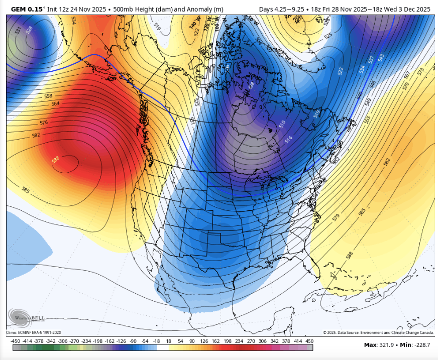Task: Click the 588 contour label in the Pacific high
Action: [56, 160]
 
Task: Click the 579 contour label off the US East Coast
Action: [336, 217]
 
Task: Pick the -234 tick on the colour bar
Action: [86, 340]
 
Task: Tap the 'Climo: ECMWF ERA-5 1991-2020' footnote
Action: [34, 332]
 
